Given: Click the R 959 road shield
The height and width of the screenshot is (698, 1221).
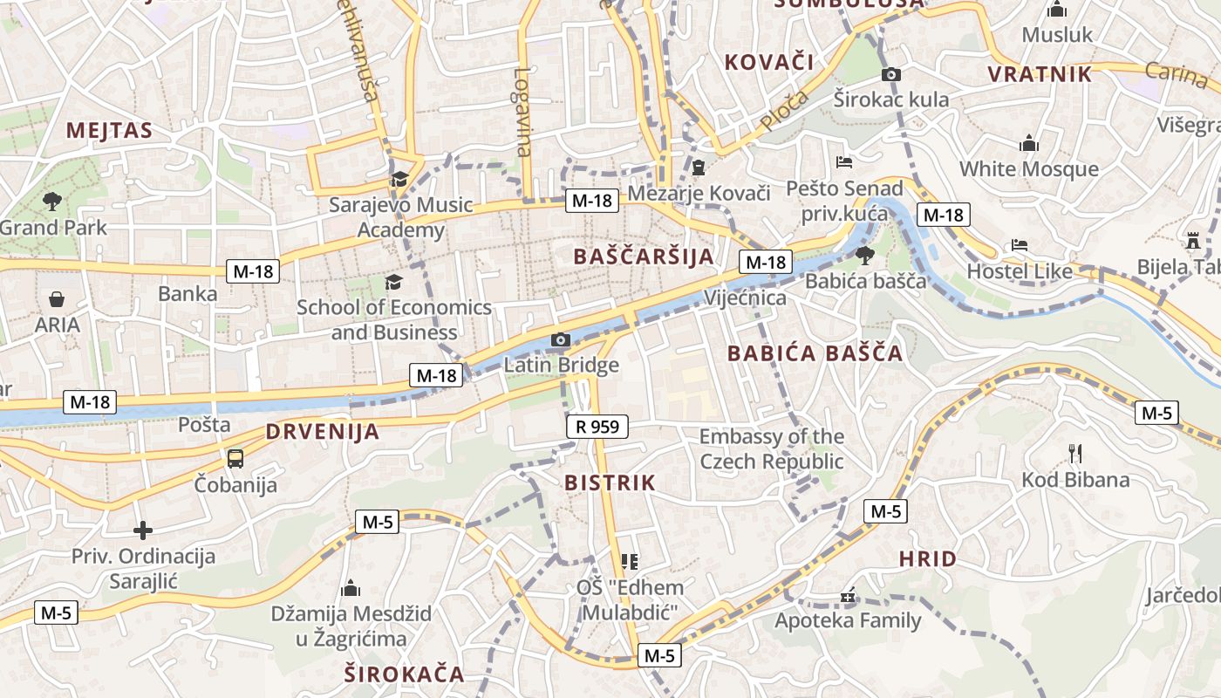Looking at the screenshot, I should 597,427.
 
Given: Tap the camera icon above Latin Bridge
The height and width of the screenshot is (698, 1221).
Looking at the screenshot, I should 561,339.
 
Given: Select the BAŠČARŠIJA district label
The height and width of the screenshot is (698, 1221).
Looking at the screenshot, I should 645,256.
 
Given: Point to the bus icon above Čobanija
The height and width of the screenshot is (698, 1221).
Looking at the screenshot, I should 235,458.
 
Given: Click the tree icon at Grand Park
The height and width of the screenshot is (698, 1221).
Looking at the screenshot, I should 52,202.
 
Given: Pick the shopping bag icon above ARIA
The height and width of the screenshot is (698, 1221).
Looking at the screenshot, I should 57,299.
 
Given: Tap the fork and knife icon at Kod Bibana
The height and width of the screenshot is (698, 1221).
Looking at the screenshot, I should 1075,453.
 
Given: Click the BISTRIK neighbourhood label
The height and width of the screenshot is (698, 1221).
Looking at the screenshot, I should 610,482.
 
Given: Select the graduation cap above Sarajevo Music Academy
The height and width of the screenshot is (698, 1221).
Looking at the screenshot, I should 399,180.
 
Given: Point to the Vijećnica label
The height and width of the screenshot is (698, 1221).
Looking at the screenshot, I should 746,298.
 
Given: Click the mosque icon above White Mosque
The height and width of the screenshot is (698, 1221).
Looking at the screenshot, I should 1029,143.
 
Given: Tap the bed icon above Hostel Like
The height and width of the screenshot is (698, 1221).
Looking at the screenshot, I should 1020,245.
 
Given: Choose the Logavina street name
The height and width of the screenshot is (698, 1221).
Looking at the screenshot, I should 522,113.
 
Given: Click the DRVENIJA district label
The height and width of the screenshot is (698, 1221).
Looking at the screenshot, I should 323,431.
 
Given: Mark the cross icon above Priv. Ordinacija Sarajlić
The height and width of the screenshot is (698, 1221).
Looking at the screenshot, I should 143,530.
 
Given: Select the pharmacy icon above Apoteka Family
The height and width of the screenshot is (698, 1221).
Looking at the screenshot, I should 848,598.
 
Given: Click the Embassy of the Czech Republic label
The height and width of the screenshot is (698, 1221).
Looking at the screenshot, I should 772,448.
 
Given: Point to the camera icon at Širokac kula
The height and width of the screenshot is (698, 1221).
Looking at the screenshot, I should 890,75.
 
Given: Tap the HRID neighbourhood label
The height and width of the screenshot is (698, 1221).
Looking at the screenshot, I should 927,558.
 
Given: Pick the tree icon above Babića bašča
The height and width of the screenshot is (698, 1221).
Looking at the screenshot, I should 865,255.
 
